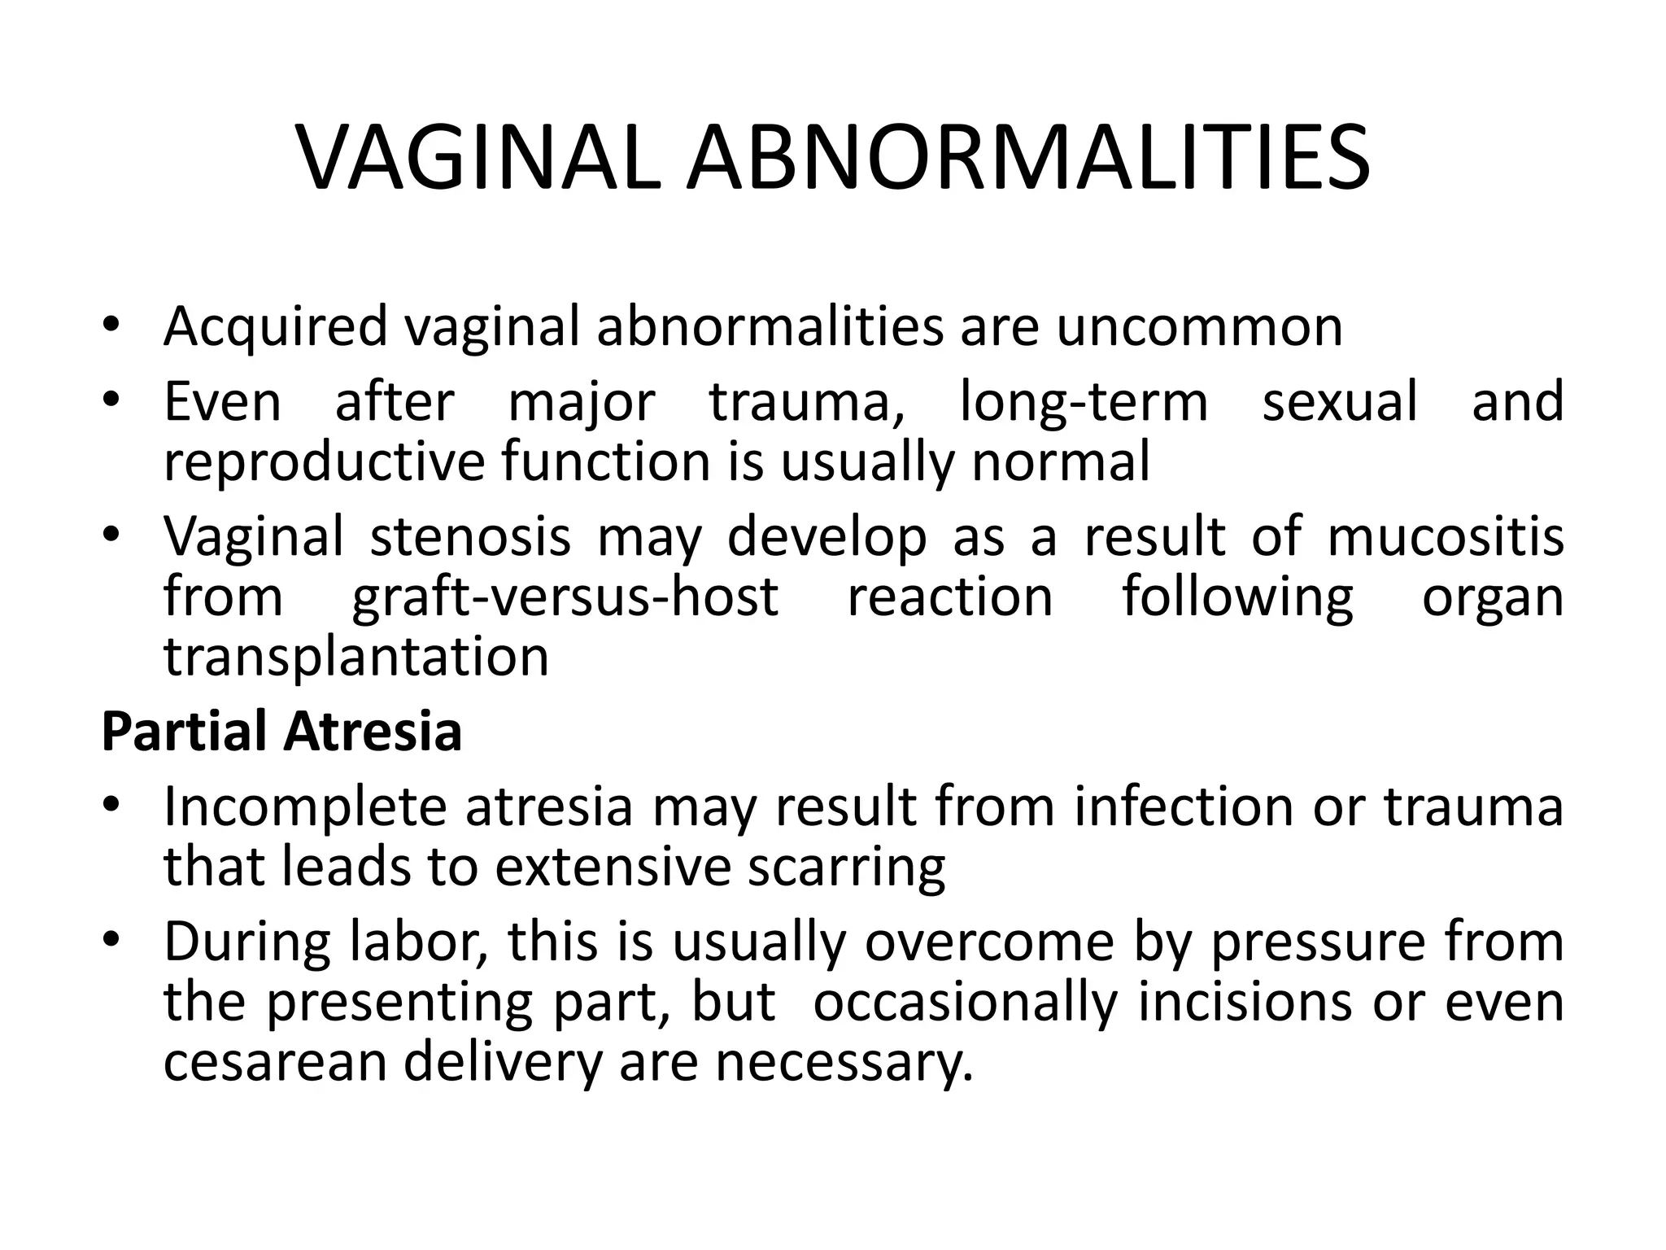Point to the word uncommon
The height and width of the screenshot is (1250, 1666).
pyautogui.click(x=1199, y=326)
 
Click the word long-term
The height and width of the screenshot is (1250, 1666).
pyautogui.click(x=1084, y=402)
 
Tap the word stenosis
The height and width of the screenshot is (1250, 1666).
pyautogui.click(x=470, y=537)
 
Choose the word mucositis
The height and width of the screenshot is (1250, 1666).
pyautogui.click(x=1446, y=537)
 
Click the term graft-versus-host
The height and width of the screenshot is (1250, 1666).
pyautogui.click(x=565, y=597)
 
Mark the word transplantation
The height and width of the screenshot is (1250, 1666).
pyautogui.click(x=356, y=656)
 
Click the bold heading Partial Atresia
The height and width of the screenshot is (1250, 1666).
pyautogui.click(x=281, y=731)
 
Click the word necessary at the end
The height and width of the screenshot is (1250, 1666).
pyautogui.click(x=843, y=1063)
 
